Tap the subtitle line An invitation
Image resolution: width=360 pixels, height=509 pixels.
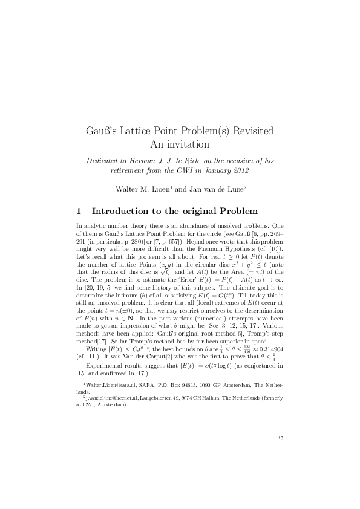pyautogui.click(x=179, y=144)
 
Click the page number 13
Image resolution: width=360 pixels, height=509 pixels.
pyautogui.click(x=280, y=438)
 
